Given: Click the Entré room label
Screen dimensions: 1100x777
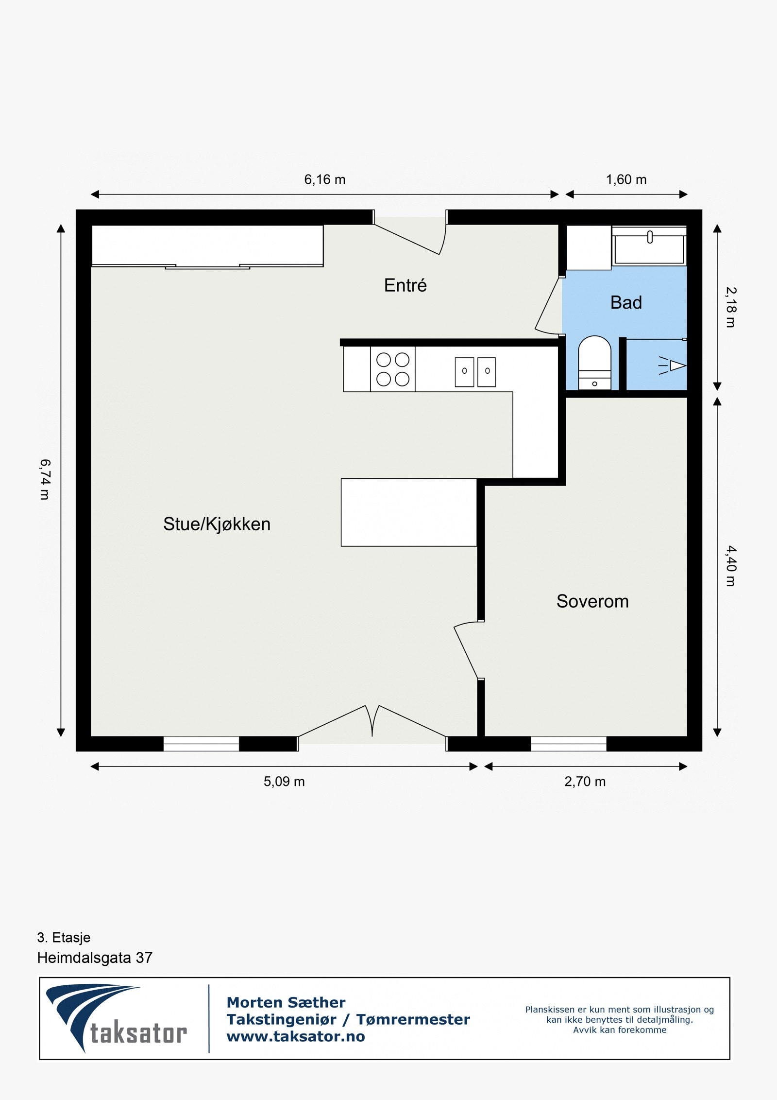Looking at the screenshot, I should (405, 285).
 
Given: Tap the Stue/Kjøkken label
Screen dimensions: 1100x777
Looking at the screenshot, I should (217, 524).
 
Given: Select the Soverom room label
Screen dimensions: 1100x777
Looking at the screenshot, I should (592, 601).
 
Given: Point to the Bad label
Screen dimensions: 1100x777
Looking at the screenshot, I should (626, 302).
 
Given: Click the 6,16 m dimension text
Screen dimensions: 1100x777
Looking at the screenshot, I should (324, 180).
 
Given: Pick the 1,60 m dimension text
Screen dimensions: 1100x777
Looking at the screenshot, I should (626, 180).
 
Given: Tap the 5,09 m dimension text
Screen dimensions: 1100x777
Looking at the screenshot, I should (284, 782).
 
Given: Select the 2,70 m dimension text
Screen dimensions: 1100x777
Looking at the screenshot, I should (585, 782).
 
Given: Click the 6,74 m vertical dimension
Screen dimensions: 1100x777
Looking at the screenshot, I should (45, 479).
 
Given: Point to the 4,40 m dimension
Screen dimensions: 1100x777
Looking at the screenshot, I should (731, 566).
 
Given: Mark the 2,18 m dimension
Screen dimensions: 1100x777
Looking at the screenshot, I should (731, 307).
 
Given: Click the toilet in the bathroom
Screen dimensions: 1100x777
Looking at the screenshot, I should (594, 363).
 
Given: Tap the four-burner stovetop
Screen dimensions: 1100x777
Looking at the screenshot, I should (393, 369).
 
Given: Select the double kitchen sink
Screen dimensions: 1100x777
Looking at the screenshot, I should (475, 372).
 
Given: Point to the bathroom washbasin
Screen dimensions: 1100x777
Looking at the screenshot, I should (649, 246).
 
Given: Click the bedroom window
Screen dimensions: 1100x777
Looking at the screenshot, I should (568, 744).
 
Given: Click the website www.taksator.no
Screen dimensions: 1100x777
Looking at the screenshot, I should (296, 1036).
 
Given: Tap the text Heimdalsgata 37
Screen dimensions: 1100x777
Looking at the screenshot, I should (95, 958).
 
